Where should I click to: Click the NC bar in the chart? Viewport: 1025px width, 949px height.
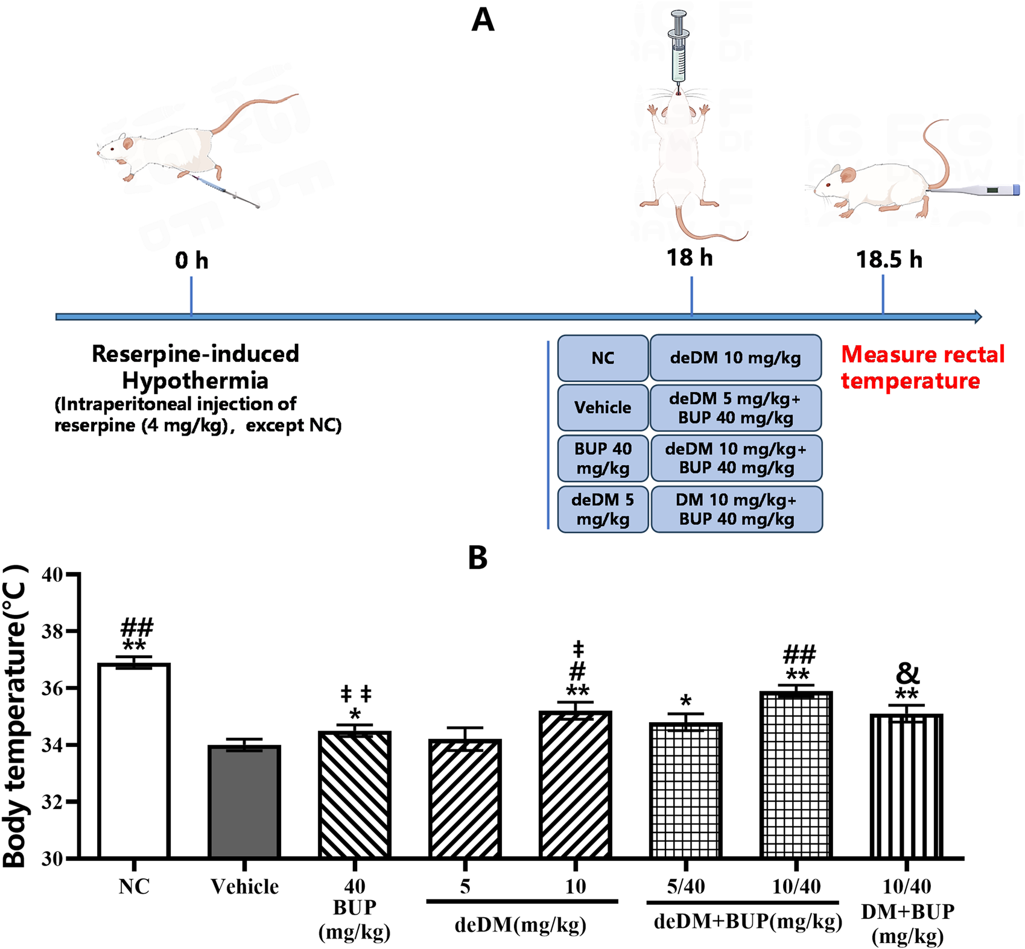point(134,760)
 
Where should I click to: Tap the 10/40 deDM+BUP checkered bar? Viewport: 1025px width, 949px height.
point(796,775)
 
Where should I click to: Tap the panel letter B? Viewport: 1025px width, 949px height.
point(477,558)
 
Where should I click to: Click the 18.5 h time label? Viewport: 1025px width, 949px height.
point(889,260)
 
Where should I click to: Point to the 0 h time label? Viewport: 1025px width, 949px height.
point(191,261)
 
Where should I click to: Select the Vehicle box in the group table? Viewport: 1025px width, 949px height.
point(603,408)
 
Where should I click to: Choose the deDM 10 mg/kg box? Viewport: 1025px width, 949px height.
point(735,358)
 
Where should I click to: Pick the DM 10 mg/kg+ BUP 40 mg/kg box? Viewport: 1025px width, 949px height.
point(736,509)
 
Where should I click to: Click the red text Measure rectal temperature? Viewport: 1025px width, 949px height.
point(922,367)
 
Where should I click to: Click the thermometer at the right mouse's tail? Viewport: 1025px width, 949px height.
point(974,191)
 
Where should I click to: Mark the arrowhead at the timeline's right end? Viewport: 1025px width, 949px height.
point(977,317)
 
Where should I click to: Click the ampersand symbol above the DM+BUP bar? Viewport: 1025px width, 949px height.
point(907,673)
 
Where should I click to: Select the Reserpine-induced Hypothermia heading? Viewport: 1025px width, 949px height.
point(195,367)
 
